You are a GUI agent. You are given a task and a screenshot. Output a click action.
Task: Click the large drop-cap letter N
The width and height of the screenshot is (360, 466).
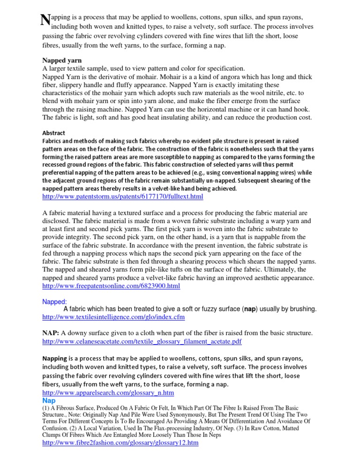click(45, 20)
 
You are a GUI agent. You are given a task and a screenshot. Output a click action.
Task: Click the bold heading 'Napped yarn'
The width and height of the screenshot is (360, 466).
click(62, 60)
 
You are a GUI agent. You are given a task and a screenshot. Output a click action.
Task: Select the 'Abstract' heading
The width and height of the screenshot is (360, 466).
click(54, 133)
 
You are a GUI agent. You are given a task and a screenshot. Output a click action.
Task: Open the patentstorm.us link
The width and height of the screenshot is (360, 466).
click(123, 197)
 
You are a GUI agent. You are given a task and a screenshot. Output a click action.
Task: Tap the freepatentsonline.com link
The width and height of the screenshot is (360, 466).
click(111, 286)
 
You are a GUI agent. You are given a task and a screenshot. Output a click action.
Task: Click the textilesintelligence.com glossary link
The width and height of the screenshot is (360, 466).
click(113, 317)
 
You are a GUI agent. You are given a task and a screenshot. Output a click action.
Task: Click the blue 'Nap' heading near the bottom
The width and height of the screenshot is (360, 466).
click(49, 401)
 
